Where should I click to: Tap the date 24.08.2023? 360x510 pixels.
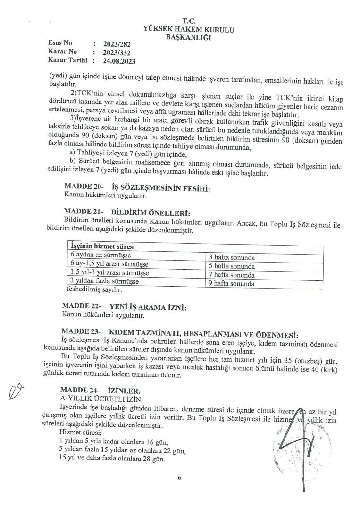[x=115, y=61]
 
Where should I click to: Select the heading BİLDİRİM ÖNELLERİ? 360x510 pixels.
[x=150, y=213]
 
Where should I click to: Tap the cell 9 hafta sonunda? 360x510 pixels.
[x=232, y=284]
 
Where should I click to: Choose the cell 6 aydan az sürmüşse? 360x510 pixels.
[x=100, y=255]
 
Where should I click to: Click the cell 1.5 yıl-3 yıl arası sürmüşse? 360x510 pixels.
[x=109, y=273]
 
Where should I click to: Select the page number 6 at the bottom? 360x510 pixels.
[x=180, y=478]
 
